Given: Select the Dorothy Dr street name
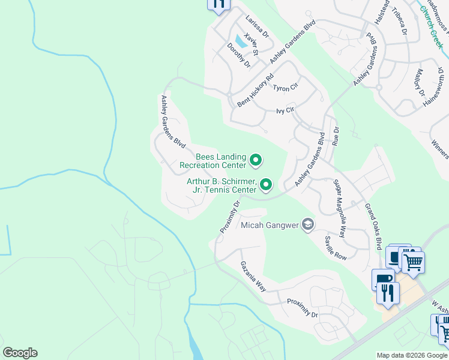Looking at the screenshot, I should pos(238,55).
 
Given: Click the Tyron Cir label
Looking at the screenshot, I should pos(285,88).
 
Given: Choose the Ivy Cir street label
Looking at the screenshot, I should pos(285,110).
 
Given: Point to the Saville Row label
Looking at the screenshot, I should pos(336,248).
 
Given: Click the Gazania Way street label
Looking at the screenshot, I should pos(253,276).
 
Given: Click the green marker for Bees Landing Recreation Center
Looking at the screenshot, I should pos(255,160).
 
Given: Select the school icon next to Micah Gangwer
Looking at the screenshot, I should pos(308,224).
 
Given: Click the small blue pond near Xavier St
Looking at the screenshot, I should pos(241,41).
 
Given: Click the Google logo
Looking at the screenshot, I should pos(20,353).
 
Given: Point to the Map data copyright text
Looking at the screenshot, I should pos(412,355).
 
